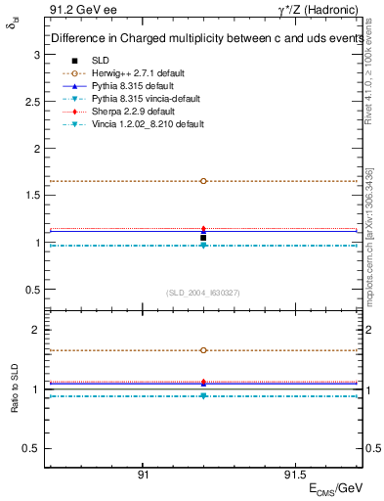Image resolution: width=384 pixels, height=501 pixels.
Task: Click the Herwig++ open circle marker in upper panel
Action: point(203,181)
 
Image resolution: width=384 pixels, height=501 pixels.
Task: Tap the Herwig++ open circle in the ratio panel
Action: point(203,350)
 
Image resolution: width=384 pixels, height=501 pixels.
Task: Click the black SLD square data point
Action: point(203,238)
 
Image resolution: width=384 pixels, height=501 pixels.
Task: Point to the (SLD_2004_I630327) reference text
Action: point(203,293)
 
